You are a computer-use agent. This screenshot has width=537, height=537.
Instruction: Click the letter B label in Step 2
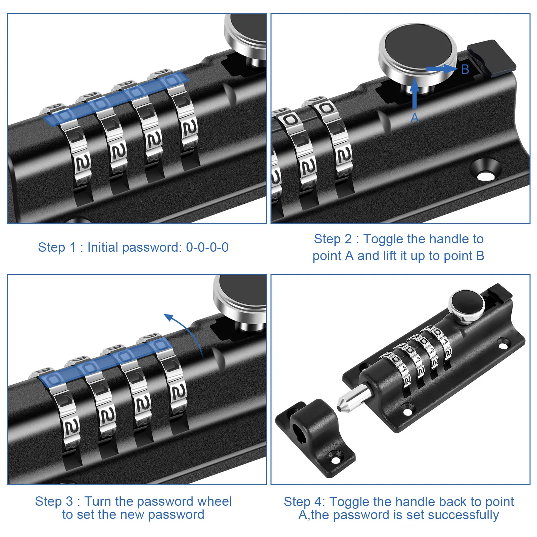465,69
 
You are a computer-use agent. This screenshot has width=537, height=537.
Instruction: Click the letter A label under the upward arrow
415,118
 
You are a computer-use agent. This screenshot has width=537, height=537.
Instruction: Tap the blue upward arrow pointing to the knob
415,93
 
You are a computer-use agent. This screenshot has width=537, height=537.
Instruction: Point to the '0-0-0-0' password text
207,247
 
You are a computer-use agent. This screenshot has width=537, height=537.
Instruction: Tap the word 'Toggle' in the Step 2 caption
383,239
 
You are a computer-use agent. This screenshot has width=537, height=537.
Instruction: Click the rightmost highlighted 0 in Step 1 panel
172,81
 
